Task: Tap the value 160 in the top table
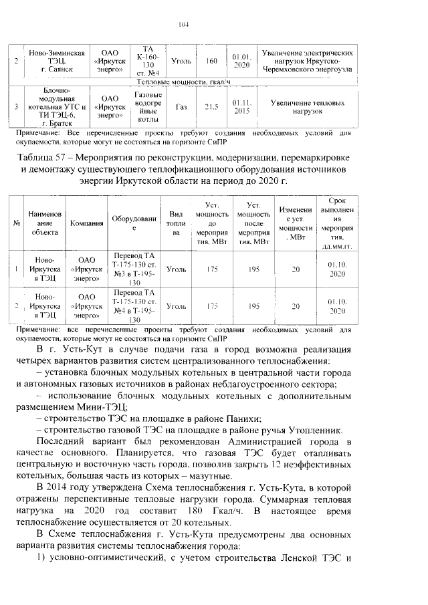click(212, 62)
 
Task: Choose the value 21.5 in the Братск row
click(212, 106)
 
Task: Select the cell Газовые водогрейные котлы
click(144, 106)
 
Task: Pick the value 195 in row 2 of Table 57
click(253, 306)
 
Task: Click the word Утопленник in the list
click(322, 429)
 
